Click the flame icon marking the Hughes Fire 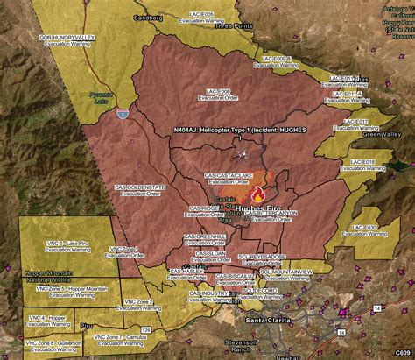pyautogui.click(x=257, y=194)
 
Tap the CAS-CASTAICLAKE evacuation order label pyautogui.click(x=229, y=178)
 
